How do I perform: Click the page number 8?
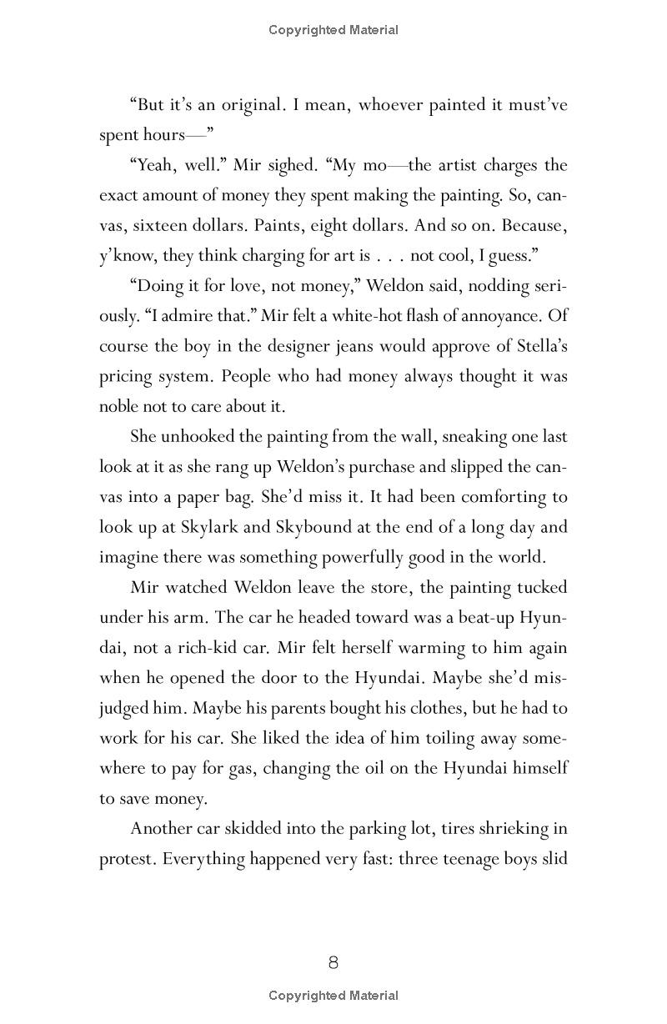[333, 962]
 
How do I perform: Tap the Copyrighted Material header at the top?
[333, 30]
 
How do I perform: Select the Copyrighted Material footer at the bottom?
[333, 995]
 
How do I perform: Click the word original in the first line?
[251, 105]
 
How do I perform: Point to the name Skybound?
[316, 527]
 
